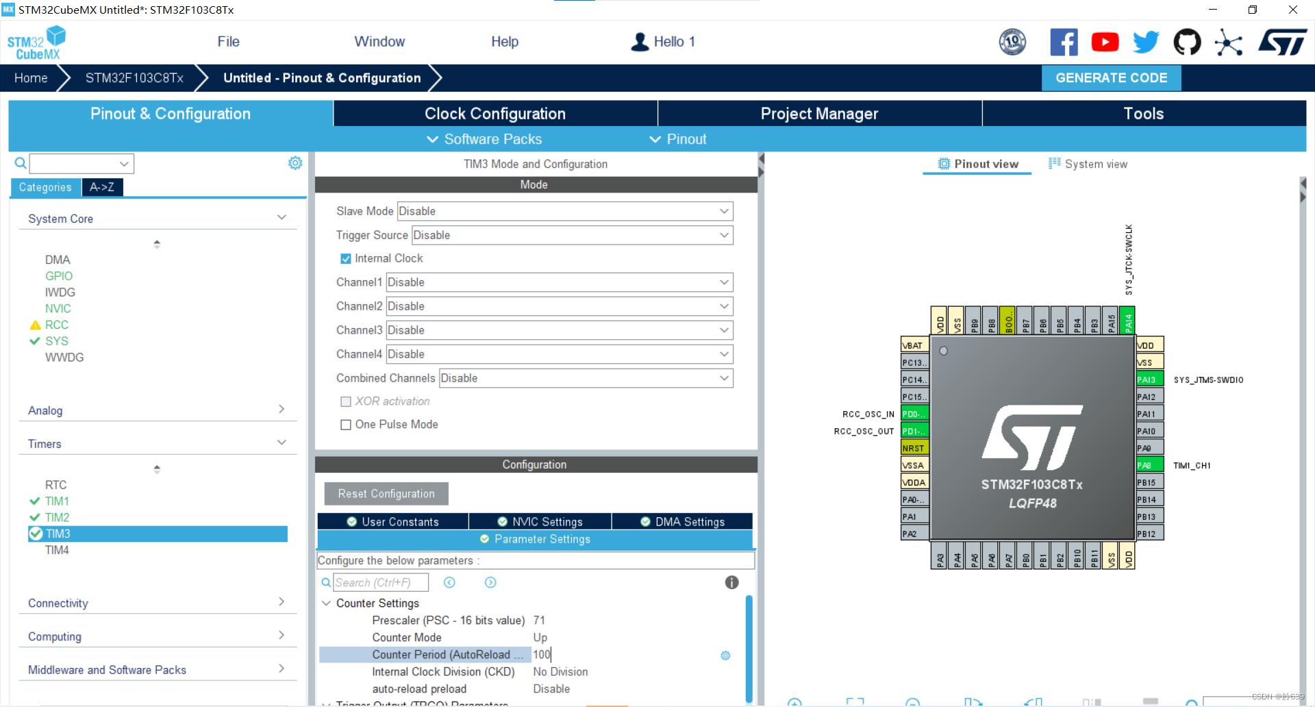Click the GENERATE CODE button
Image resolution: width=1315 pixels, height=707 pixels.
(1111, 78)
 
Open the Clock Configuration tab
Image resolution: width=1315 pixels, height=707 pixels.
(494, 114)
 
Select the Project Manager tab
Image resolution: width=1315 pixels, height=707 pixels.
(819, 114)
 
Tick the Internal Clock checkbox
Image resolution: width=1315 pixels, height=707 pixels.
(346, 259)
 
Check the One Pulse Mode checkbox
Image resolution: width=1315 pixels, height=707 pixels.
(346, 425)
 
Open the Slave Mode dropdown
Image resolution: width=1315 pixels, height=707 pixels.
(565, 211)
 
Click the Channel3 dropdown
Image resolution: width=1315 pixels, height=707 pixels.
(559, 330)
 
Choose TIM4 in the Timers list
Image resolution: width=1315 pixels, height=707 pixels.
(57, 550)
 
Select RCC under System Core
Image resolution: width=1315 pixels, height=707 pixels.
(57, 325)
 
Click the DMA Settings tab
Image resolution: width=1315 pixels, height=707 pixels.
(682, 522)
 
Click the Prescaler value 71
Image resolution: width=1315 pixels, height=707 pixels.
(540, 621)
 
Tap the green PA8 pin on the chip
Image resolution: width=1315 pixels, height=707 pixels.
(1149, 465)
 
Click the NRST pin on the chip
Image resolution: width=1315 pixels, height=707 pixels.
(914, 448)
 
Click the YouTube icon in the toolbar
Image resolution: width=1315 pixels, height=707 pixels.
(1105, 42)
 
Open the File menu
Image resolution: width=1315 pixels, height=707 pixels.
(228, 42)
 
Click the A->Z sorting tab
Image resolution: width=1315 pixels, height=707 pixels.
(102, 187)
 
